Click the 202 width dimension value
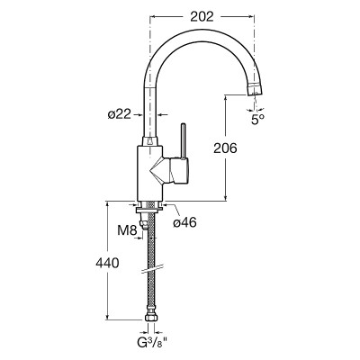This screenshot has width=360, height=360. pyautogui.click(x=202, y=16)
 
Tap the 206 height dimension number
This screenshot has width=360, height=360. pyautogui.click(x=225, y=148)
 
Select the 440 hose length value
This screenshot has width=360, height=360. pyautogui.click(x=107, y=263)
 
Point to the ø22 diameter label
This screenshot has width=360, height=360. pyautogui.click(x=120, y=114)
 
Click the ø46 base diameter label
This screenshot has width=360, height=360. pyautogui.click(x=185, y=222)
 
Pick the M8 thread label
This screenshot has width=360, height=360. pyautogui.click(x=127, y=230)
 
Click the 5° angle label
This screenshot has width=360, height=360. pyautogui.click(x=257, y=120)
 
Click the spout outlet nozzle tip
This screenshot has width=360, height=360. pyautogui.click(x=255, y=89)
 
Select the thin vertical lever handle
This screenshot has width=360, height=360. pyautogui.click(x=183, y=140)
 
